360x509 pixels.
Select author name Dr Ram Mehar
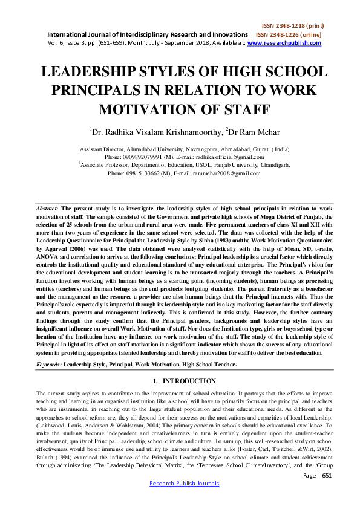tap(246, 131)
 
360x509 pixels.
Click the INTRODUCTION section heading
tap(184, 381)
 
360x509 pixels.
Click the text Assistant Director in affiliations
tap(103, 148)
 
